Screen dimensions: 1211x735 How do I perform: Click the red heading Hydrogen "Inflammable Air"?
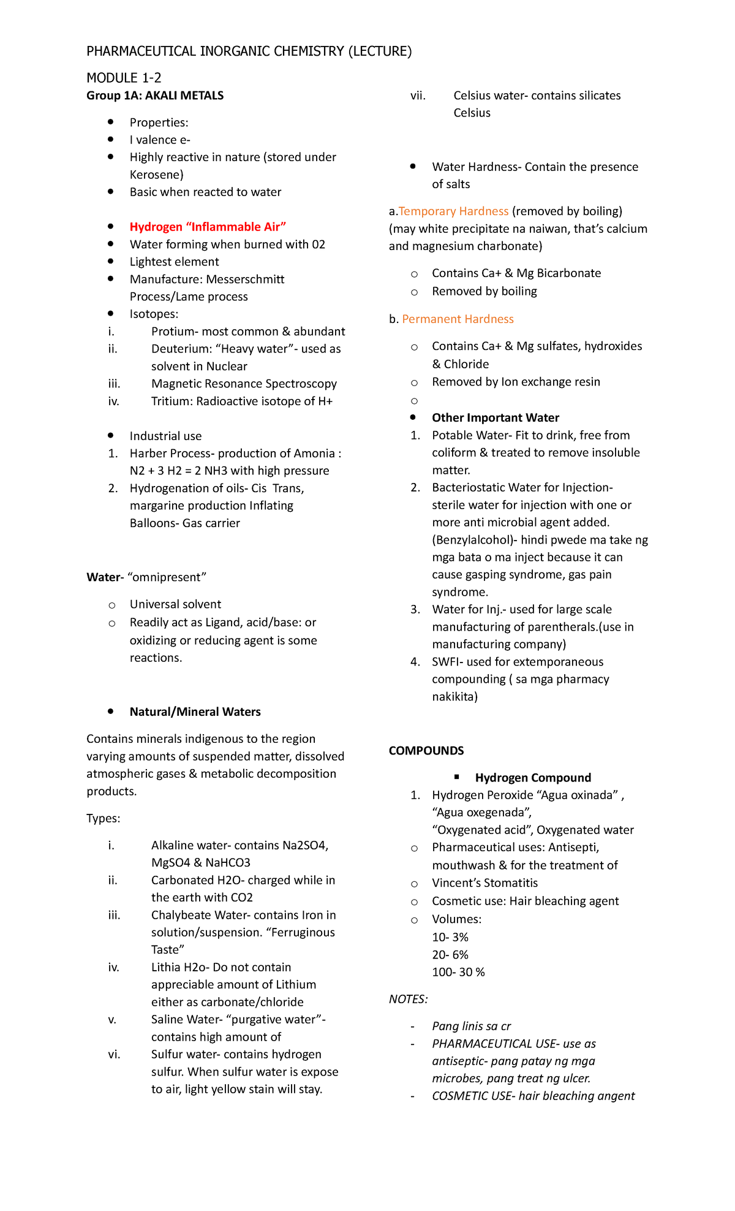tap(208, 227)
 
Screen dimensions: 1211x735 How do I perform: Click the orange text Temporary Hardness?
tap(453, 211)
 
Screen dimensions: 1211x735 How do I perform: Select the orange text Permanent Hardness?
tap(458, 319)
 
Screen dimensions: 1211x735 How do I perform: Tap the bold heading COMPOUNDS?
tap(426, 751)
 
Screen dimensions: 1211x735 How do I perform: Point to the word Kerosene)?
tap(156, 175)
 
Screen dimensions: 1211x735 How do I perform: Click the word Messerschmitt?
tap(246, 279)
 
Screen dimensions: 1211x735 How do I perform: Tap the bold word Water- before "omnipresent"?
tap(105, 577)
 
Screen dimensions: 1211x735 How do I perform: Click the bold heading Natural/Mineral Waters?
tap(195, 712)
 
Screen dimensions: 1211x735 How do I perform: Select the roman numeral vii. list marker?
tap(418, 96)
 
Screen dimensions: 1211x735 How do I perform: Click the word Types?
tap(104, 819)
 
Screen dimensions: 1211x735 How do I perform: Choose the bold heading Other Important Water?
tap(496, 418)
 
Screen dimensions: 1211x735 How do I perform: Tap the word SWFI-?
tap(448, 662)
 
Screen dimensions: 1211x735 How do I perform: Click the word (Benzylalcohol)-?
tap(473, 540)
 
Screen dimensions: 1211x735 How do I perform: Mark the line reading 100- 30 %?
tap(458, 973)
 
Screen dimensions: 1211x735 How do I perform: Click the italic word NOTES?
tap(409, 1000)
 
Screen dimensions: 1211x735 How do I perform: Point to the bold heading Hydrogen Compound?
tap(533, 778)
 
